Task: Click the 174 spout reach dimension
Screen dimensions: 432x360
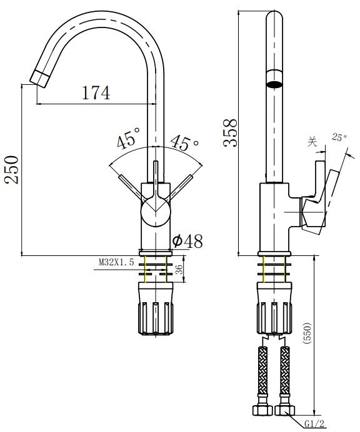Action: (96, 93)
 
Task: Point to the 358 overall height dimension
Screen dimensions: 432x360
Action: (231, 132)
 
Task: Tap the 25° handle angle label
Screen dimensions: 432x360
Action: (339, 136)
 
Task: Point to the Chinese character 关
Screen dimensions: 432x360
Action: (312, 142)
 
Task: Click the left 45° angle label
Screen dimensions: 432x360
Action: (127, 140)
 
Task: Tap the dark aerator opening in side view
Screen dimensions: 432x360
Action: (274, 82)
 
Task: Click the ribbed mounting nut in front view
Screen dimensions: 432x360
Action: (156, 309)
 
